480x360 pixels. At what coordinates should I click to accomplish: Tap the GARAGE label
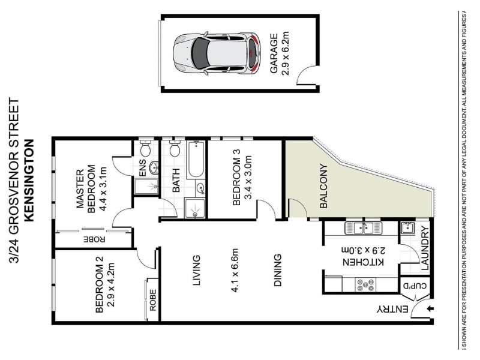point(274,53)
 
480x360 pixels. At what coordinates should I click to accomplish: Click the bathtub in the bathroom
point(195,159)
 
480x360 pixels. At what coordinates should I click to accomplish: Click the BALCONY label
point(323,186)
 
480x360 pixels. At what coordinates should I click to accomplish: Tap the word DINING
point(278,271)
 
